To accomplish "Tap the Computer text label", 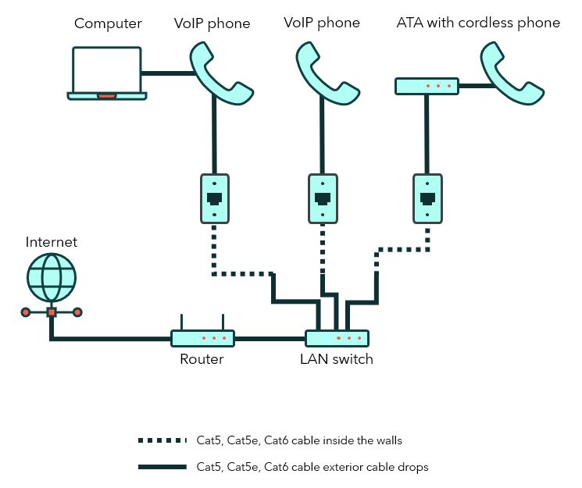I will point(108,23).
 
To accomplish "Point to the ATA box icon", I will point(427,86).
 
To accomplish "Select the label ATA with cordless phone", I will point(478,23).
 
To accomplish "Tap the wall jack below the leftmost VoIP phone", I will point(214,198).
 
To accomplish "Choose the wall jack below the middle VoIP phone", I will point(321,198).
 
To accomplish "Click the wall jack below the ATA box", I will point(427,198).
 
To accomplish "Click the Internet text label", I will point(52,242).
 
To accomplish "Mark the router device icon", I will point(203,337).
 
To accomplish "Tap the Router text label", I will point(202,360).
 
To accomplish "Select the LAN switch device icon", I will point(337,338).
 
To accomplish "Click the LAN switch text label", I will point(337,360).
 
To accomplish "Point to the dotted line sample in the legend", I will point(163,441).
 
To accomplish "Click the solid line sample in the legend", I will point(163,468).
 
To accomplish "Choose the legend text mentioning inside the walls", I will point(299,441).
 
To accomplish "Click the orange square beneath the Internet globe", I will point(52,312).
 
